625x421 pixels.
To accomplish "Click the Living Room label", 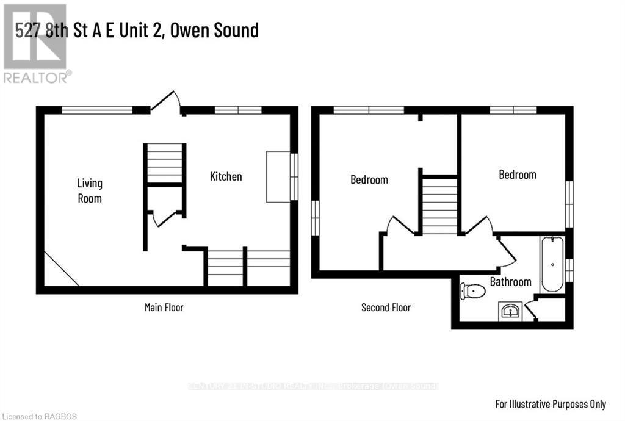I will (x=89, y=190).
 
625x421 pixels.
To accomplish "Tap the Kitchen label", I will (x=226, y=176).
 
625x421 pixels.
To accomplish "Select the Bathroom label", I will (x=510, y=282).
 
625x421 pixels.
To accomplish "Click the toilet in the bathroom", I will (x=472, y=291).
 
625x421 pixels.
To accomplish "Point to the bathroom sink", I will (x=509, y=312).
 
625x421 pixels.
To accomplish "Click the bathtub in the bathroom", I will (x=552, y=265).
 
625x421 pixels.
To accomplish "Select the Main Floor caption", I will (x=164, y=308).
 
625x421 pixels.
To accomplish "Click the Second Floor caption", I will (x=386, y=308).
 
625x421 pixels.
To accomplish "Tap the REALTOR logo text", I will (x=37, y=77).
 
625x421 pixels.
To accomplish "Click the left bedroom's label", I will (x=369, y=179).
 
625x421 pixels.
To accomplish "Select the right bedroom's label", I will (x=518, y=175).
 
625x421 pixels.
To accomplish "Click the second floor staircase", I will (x=439, y=205).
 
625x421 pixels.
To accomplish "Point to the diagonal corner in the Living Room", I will (x=61, y=268).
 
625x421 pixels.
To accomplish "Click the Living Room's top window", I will (x=97, y=110).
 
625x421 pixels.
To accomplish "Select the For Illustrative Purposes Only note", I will (x=550, y=404).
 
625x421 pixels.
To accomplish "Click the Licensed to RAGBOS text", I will (x=38, y=416).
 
